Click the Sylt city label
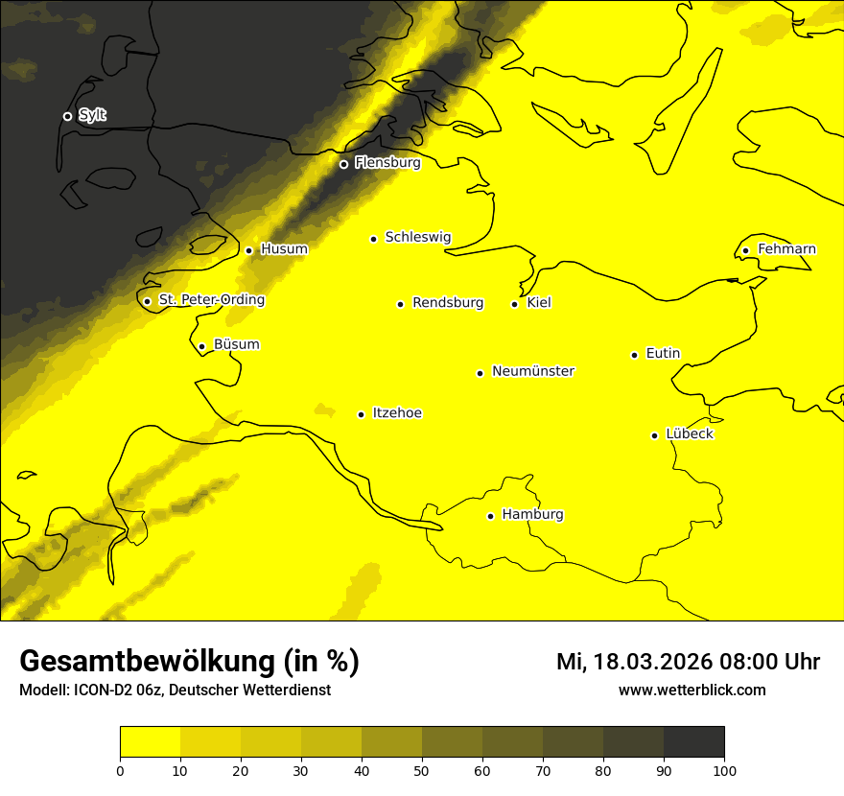point(92,116)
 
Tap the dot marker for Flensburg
point(343,164)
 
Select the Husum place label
point(284,249)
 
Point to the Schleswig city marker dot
point(374,239)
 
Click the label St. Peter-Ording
point(212,300)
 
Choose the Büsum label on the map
point(237,345)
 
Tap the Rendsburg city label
point(448,303)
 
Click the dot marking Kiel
point(514,304)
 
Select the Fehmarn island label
point(786,249)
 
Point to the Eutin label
point(663,354)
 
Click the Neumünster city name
point(533,371)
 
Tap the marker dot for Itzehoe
point(361,414)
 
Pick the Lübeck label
point(690,434)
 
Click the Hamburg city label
point(532,515)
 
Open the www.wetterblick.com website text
point(692,690)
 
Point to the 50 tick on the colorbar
point(422,769)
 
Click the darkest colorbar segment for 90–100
point(693,742)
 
